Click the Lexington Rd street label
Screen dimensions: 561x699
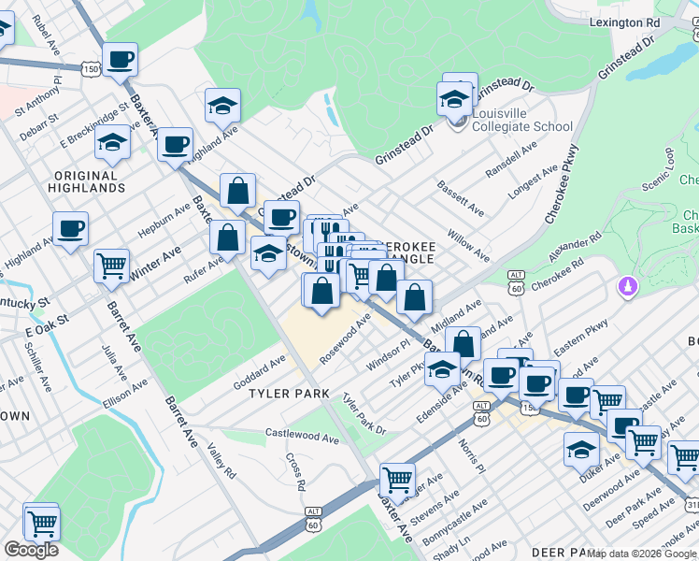(625, 22)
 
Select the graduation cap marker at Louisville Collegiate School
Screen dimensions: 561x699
(454, 98)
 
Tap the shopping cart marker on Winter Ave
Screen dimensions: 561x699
(111, 266)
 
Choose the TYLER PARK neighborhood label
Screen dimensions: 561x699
(289, 394)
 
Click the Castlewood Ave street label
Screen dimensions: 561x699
(302, 435)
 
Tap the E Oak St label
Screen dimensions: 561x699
(48, 326)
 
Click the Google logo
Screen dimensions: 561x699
(31, 550)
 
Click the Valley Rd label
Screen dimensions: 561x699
(221, 462)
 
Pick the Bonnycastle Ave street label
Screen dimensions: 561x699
(455, 523)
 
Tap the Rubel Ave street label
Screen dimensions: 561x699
(45, 33)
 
